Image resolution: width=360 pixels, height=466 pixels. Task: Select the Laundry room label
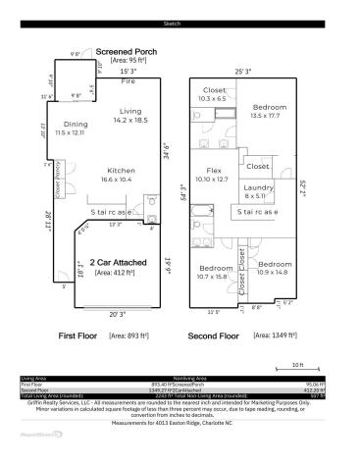259,186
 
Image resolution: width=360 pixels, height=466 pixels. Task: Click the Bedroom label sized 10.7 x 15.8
216,267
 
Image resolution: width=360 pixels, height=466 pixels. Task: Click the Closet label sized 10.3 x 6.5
213,90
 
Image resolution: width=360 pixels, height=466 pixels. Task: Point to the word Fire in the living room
128,81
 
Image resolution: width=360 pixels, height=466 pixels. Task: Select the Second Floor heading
214,336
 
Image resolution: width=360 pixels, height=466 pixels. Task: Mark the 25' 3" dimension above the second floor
242,71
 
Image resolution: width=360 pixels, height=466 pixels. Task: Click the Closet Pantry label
61,180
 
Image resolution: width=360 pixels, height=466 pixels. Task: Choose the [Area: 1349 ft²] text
275,335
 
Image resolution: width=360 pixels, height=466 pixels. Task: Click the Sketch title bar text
180,23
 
